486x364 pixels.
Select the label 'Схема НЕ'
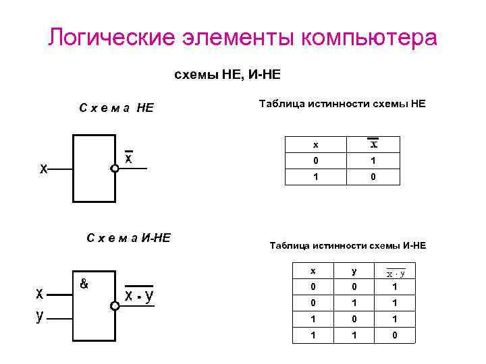tap(116, 107)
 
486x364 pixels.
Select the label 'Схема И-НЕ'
tap(129, 237)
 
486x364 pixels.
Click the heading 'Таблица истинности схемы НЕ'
tap(342, 104)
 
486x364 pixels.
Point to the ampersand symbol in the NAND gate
tap(84, 284)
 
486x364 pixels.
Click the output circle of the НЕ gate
tap(115, 169)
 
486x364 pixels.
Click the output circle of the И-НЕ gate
tap(115, 305)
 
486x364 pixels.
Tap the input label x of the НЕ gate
tap(43, 169)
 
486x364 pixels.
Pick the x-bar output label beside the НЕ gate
tap(128, 158)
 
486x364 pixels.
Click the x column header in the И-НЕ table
tap(313, 271)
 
